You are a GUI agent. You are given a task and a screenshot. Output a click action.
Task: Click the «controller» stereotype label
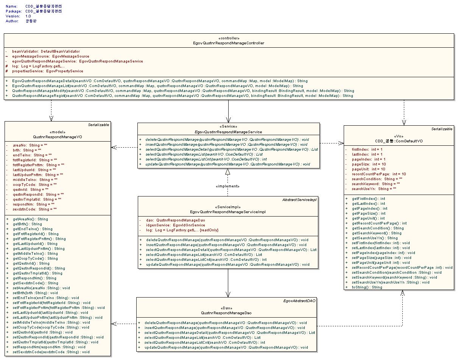229,38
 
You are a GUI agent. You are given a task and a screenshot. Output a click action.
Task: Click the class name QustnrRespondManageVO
58,137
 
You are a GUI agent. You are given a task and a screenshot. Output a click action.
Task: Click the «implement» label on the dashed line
227,186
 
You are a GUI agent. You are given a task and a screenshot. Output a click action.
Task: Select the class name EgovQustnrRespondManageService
228,132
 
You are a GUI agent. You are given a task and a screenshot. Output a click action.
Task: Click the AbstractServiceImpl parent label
299,199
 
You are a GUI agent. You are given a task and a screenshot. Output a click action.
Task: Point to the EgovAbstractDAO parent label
299,301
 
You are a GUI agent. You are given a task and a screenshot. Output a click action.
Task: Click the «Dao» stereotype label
227,308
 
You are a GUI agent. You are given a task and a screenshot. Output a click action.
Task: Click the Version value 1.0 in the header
28,16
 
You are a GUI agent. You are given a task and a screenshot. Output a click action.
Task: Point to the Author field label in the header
12,21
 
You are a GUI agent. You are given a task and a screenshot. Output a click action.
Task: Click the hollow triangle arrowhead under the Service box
227,172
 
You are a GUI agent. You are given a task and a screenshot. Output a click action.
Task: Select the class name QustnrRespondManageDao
227,313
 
